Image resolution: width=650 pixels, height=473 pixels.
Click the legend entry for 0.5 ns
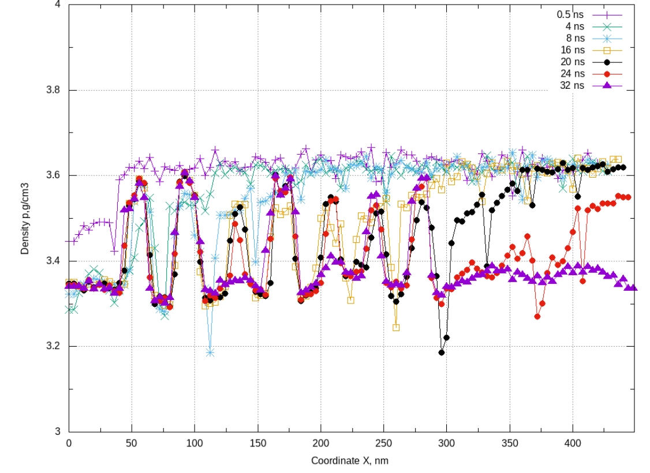click(x=570, y=13)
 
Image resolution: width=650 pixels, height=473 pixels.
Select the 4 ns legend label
click(x=575, y=25)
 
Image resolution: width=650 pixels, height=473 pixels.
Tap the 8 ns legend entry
click(x=575, y=37)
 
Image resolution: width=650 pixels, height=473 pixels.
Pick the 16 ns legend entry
click(x=573, y=50)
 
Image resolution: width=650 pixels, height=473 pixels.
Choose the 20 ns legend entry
click(x=573, y=62)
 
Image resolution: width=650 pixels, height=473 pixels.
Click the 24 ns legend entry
click(x=573, y=74)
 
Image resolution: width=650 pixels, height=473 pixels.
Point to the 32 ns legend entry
click(x=573, y=85)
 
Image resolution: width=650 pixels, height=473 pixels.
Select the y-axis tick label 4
click(x=59, y=5)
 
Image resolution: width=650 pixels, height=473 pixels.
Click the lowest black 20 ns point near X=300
click(x=442, y=352)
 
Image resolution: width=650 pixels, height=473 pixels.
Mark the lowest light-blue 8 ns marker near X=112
click(x=210, y=352)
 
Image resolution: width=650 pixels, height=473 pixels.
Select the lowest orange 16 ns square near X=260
click(x=396, y=328)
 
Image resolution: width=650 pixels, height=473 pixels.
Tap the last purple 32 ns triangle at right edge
click(x=633, y=287)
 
